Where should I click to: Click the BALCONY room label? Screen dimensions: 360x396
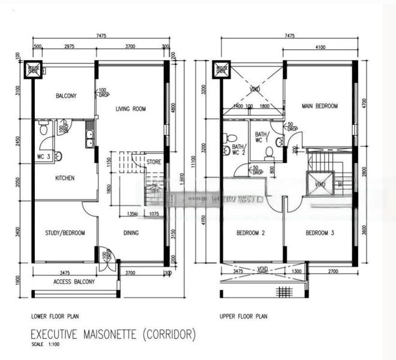pyautogui.click(x=65, y=96)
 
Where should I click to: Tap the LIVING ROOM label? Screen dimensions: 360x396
pyautogui.click(x=131, y=109)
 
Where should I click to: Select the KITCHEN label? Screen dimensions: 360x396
pyautogui.click(x=64, y=178)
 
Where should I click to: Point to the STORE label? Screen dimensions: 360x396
pyautogui.click(x=154, y=161)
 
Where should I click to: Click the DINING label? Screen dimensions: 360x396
pyautogui.click(x=131, y=233)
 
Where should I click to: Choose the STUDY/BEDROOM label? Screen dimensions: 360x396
pyautogui.click(x=65, y=233)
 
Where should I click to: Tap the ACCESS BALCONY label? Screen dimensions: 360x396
pyautogui.click(x=74, y=282)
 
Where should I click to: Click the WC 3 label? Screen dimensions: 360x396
pyautogui.click(x=42, y=157)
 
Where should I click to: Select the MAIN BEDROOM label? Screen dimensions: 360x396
pyautogui.click(x=320, y=106)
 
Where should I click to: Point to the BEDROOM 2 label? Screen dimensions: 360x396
pyautogui.click(x=251, y=233)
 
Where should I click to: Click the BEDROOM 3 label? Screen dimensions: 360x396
pyautogui.click(x=320, y=233)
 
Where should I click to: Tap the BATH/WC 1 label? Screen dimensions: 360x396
pyautogui.click(x=262, y=137)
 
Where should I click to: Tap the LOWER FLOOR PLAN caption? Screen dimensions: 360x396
pyautogui.click(x=55, y=316)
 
